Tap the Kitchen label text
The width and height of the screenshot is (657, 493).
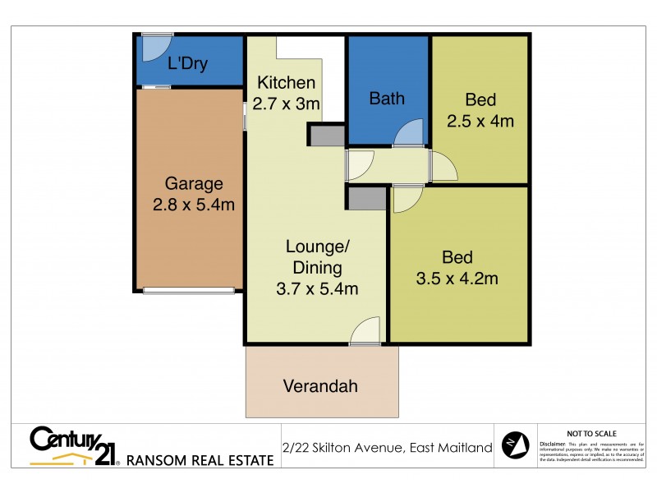[286, 83]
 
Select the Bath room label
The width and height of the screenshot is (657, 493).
[386, 99]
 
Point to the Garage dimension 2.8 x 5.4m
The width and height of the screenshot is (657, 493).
[194, 204]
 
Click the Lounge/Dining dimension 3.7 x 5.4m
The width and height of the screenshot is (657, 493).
[318, 288]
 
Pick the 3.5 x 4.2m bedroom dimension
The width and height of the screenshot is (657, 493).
[457, 278]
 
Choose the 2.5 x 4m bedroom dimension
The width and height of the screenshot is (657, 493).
[480, 122]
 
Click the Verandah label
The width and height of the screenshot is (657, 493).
[320, 385]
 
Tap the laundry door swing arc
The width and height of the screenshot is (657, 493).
[153, 48]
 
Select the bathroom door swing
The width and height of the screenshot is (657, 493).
[408, 133]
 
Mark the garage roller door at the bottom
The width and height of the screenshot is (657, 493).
[188, 289]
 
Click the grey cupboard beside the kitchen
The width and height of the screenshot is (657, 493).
[327, 135]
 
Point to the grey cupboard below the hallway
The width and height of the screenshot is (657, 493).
[365, 198]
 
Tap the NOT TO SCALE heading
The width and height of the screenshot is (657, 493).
[592, 433]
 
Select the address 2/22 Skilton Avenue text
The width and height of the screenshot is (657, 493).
[387, 448]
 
